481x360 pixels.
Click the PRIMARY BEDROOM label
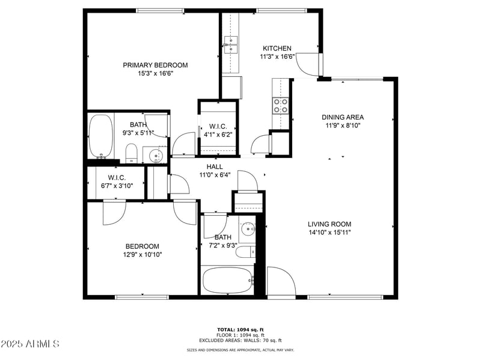pos(155,65)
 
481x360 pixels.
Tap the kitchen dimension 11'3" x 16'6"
pos(277,56)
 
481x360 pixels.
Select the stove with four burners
pos(281,106)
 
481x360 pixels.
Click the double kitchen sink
pos(231,44)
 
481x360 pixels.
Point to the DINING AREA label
pos(343,117)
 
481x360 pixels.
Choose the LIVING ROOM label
pos(329,224)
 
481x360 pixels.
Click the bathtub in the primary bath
pos(100,136)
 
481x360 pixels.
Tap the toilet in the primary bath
pos(131,153)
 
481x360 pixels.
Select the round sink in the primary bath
pos(156,156)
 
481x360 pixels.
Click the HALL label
pos(215,167)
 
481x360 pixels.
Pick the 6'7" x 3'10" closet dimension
pos(117,186)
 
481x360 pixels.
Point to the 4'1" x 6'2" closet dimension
pos(218,135)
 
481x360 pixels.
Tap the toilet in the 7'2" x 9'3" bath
pos(245,252)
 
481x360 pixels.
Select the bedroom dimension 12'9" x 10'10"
pos(142,254)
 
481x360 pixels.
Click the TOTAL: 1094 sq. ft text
pos(240,329)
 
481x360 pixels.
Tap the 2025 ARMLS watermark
pos(29,344)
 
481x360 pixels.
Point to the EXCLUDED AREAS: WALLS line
pos(240,340)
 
